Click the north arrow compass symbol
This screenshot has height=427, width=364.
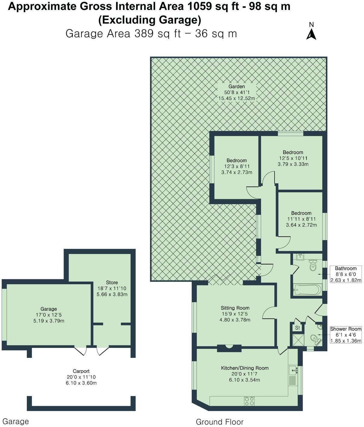(x=311, y=32)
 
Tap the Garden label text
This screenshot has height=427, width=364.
(x=236, y=87)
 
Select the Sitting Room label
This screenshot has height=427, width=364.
(x=235, y=308)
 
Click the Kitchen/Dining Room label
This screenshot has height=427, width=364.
(x=244, y=368)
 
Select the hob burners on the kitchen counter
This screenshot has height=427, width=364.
(x=250, y=400)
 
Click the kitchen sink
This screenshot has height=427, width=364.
(x=293, y=370)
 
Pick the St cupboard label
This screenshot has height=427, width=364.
(x=297, y=328)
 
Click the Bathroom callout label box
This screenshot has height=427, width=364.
(x=346, y=274)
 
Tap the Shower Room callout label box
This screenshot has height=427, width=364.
(x=346, y=335)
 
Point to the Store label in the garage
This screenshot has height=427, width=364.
(x=112, y=282)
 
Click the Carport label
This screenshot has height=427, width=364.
(x=81, y=371)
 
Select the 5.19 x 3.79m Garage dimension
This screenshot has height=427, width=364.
(x=49, y=321)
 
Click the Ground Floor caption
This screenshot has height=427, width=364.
(x=219, y=422)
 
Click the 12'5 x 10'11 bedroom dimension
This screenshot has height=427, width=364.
(x=293, y=158)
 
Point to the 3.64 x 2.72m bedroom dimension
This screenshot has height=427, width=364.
(x=301, y=225)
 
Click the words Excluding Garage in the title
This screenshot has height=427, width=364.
(x=150, y=20)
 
